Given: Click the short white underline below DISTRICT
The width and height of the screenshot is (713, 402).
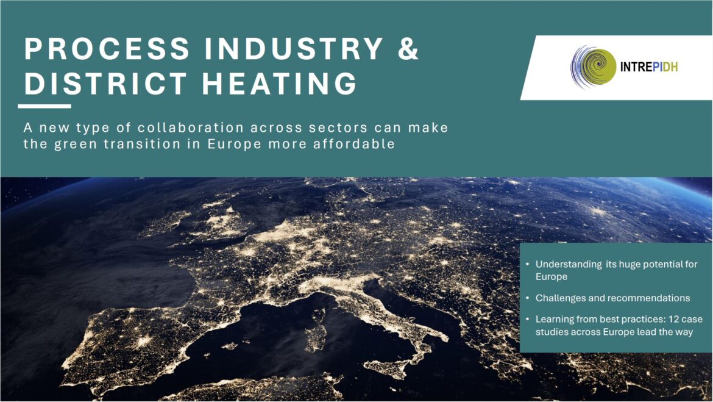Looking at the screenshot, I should [x=44, y=106].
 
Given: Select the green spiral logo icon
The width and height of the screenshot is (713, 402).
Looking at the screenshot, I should [x=593, y=67].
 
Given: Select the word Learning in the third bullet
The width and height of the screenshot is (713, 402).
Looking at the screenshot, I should [x=554, y=319].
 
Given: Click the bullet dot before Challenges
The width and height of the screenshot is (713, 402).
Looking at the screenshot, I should [x=527, y=298].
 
